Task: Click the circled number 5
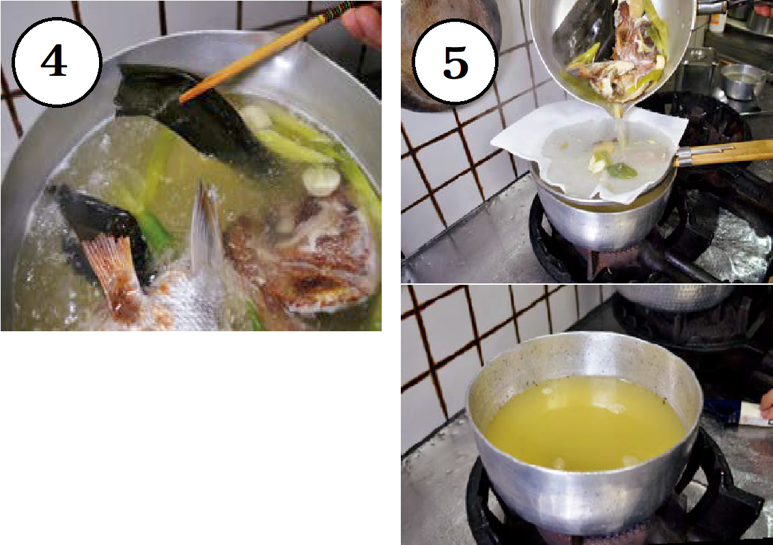click(x=455, y=62)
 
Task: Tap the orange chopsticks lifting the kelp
click(x=266, y=51)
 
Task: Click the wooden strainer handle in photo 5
click(x=724, y=152)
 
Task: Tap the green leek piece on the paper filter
click(x=618, y=169)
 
